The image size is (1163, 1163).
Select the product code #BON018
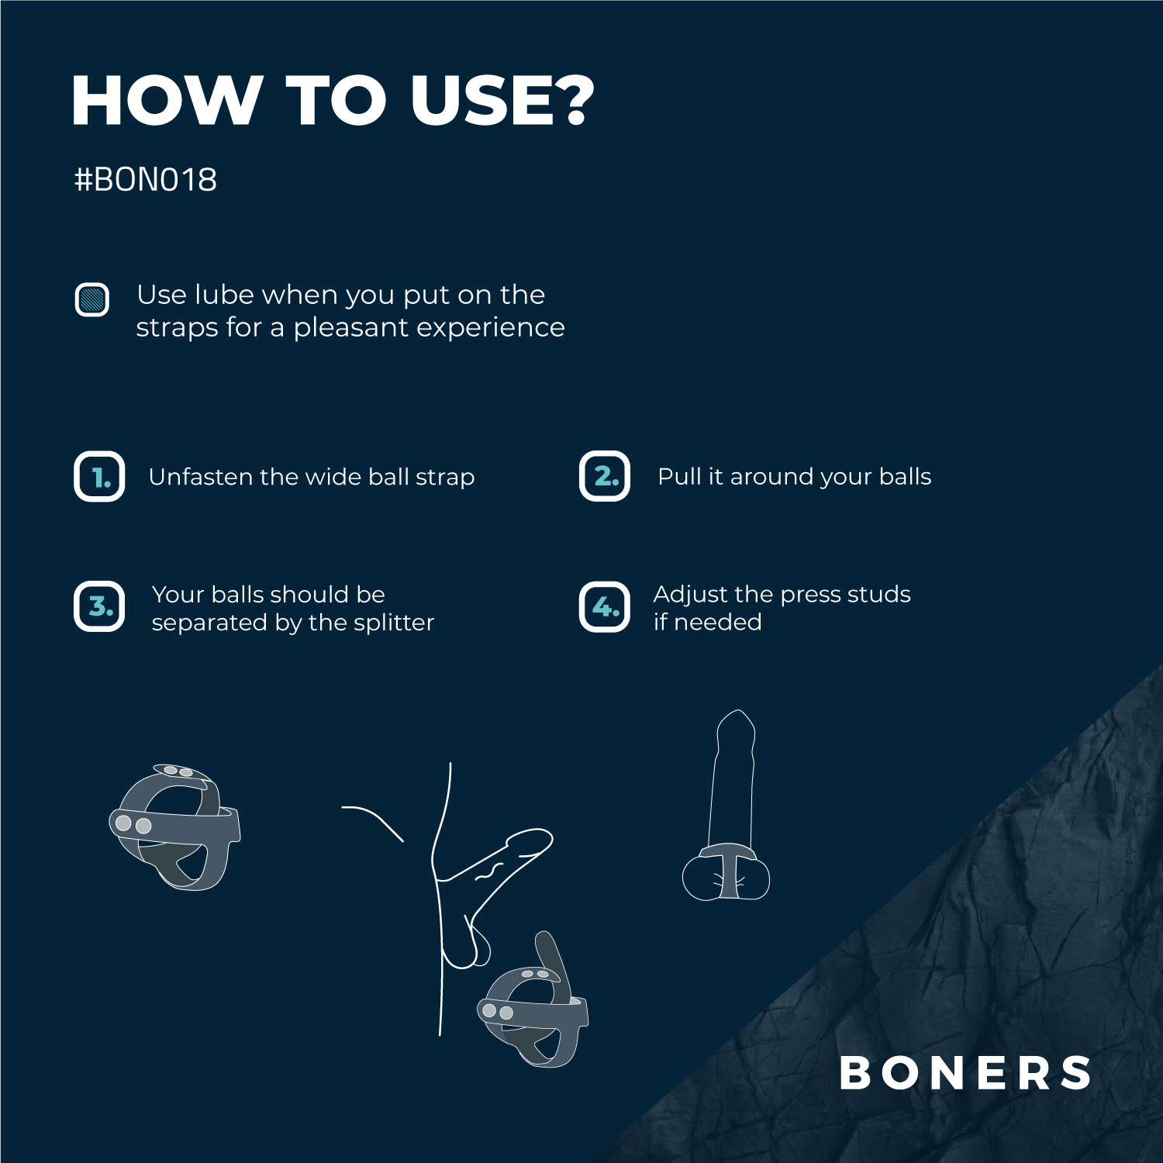coord(145,180)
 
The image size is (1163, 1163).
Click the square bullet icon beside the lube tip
coord(91,299)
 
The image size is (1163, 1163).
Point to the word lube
coord(224,295)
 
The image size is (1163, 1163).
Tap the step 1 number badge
coord(99,476)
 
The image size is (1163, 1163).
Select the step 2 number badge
coord(605,476)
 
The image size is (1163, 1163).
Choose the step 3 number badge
coord(99,606)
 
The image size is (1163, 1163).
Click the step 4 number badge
coord(605,606)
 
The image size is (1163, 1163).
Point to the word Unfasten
coord(200,477)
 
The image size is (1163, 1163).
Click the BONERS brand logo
coord(965,1073)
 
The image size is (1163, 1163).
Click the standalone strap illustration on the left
coord(175,827)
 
